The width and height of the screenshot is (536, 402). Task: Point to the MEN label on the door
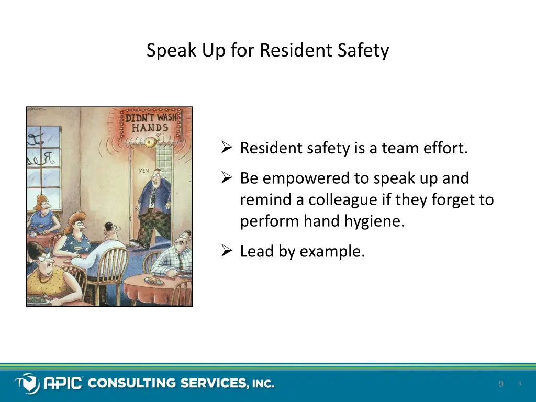click(x=143, y=171)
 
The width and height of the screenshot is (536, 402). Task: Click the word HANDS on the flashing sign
click(x=150, y=128)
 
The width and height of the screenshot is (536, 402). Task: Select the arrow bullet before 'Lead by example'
click(x=227, y=252)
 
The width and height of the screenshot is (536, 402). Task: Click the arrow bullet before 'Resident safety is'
click(x=227, y=148)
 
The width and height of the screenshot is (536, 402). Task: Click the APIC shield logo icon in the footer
click(x=27, y=383)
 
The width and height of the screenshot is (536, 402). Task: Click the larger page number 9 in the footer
click(x=501, y=384)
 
